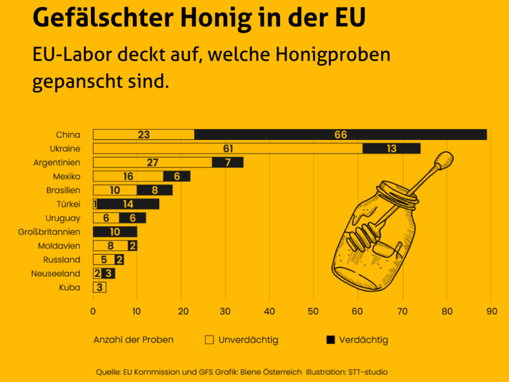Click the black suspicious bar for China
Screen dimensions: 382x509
pos(340,134)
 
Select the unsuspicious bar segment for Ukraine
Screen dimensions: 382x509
pos(228,148)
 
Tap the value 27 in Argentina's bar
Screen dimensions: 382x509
pos(153,162)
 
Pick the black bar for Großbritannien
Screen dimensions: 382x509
pos(115,232)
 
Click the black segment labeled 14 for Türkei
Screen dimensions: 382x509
pos(128,204)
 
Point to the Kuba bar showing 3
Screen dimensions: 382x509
pos(99,287)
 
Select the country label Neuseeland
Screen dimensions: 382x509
pos(56,274)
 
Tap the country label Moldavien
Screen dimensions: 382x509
pos(59,246)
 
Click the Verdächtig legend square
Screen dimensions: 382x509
pos(330,340)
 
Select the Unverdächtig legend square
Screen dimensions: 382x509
pos(209,340)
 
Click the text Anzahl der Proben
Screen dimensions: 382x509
pos(133,340)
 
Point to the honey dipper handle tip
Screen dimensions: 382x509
pos(445,159)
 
